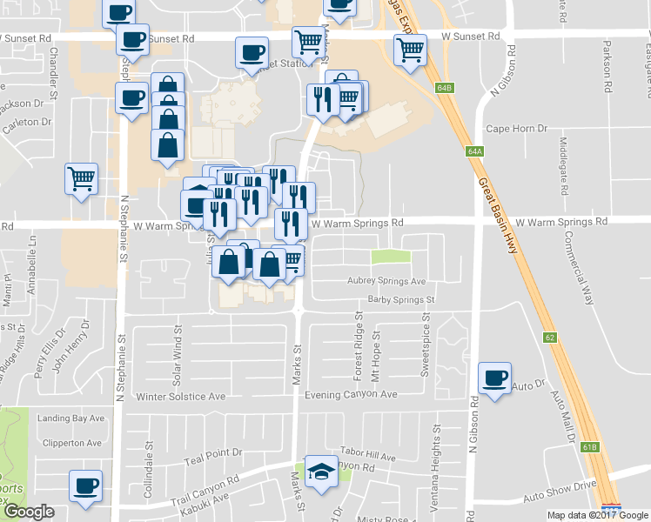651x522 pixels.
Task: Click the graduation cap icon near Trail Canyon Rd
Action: pos(320,471)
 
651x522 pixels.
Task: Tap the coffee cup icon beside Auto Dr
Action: pos(495,378)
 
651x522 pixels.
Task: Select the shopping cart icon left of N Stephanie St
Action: pos(81,179)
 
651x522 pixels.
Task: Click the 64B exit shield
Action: pos(445,88)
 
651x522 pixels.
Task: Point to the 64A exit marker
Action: pos(474,151)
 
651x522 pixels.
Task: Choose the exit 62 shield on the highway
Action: pos(549,336)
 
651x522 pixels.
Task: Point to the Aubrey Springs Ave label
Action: pos(386,281)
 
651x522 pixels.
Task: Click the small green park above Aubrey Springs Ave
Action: pos(390,256)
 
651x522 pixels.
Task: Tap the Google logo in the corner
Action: pos(29,512)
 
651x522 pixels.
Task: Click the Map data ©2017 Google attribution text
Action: pos(597,515)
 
